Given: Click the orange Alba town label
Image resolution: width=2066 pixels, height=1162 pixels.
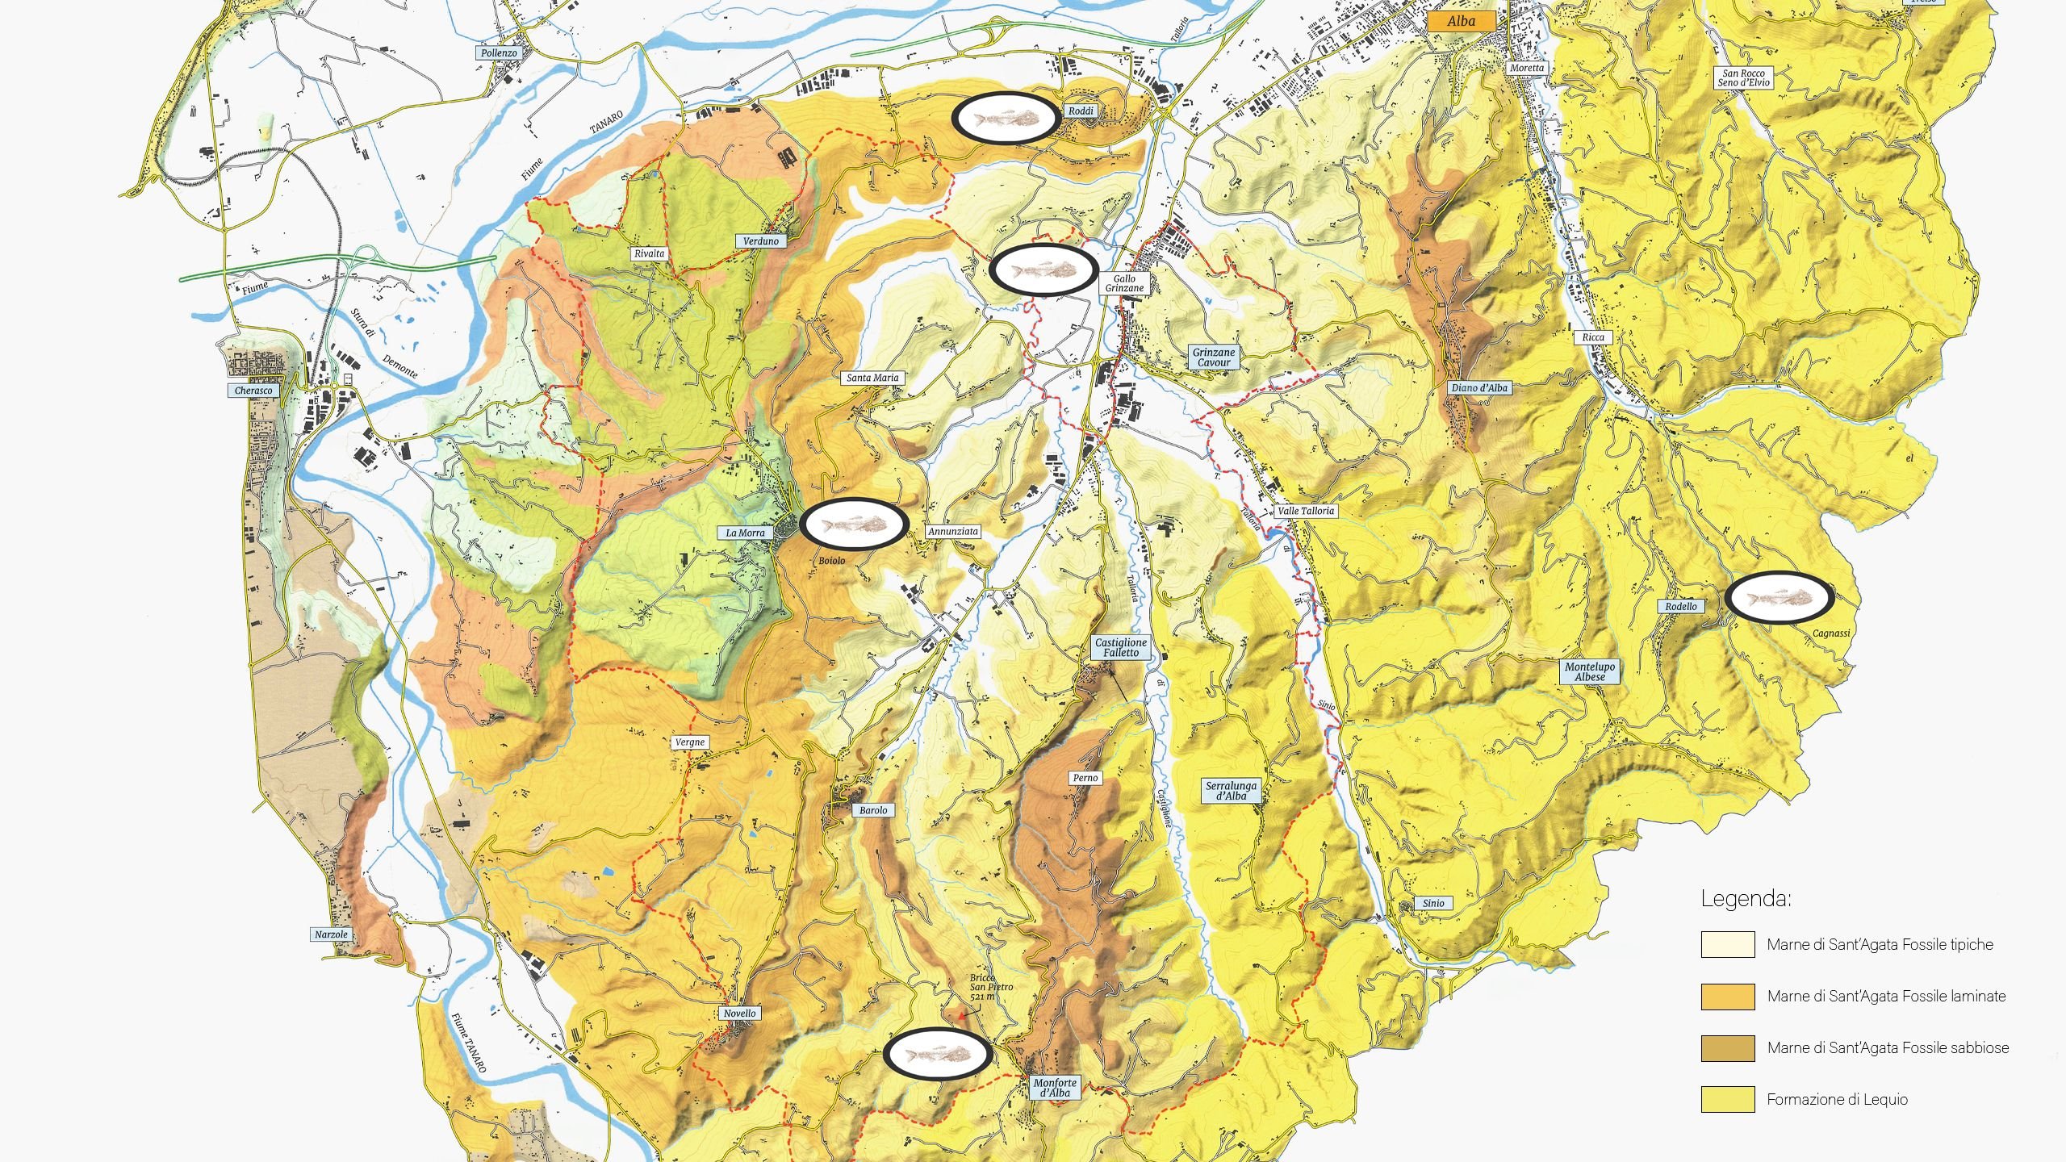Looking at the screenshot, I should [1461, 22].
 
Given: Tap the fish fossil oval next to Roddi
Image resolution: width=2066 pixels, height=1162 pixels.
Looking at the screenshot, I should [1006, 119].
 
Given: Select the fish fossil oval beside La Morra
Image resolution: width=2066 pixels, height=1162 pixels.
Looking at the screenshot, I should [855, 525].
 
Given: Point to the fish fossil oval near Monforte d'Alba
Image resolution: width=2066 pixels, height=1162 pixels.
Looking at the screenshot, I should [937, 1054].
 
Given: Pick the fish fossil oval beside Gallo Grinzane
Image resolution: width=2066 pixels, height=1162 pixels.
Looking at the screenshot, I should [1044, 269].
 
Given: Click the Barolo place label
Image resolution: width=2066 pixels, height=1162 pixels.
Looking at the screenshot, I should [872, 810].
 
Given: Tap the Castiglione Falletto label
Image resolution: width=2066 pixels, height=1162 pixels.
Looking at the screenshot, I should [1120, 648].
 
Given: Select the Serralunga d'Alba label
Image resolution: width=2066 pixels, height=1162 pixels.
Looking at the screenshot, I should [1231, 791].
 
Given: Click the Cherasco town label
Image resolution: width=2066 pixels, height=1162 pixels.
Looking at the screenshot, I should [253, 391].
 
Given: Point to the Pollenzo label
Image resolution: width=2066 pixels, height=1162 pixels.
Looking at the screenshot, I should [499, 53].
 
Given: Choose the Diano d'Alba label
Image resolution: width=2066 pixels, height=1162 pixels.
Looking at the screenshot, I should [1479, 388].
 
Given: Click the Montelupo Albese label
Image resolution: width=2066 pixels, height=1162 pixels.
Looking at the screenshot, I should [1590, 672].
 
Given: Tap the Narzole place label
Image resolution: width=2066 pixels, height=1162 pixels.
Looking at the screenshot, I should [331, 934].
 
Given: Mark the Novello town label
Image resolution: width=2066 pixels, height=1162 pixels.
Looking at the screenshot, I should [739, 1014].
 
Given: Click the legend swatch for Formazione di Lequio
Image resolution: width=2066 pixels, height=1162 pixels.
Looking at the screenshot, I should [1728, 1099].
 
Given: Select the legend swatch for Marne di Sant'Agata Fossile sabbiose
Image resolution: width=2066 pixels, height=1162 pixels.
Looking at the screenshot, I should [1728, 1047].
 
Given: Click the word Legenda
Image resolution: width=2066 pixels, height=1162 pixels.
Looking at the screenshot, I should [1746, 899].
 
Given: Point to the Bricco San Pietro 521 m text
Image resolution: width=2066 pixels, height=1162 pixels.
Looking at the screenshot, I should [990, 987].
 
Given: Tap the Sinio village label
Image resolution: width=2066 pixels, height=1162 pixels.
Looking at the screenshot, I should [1433, 903].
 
